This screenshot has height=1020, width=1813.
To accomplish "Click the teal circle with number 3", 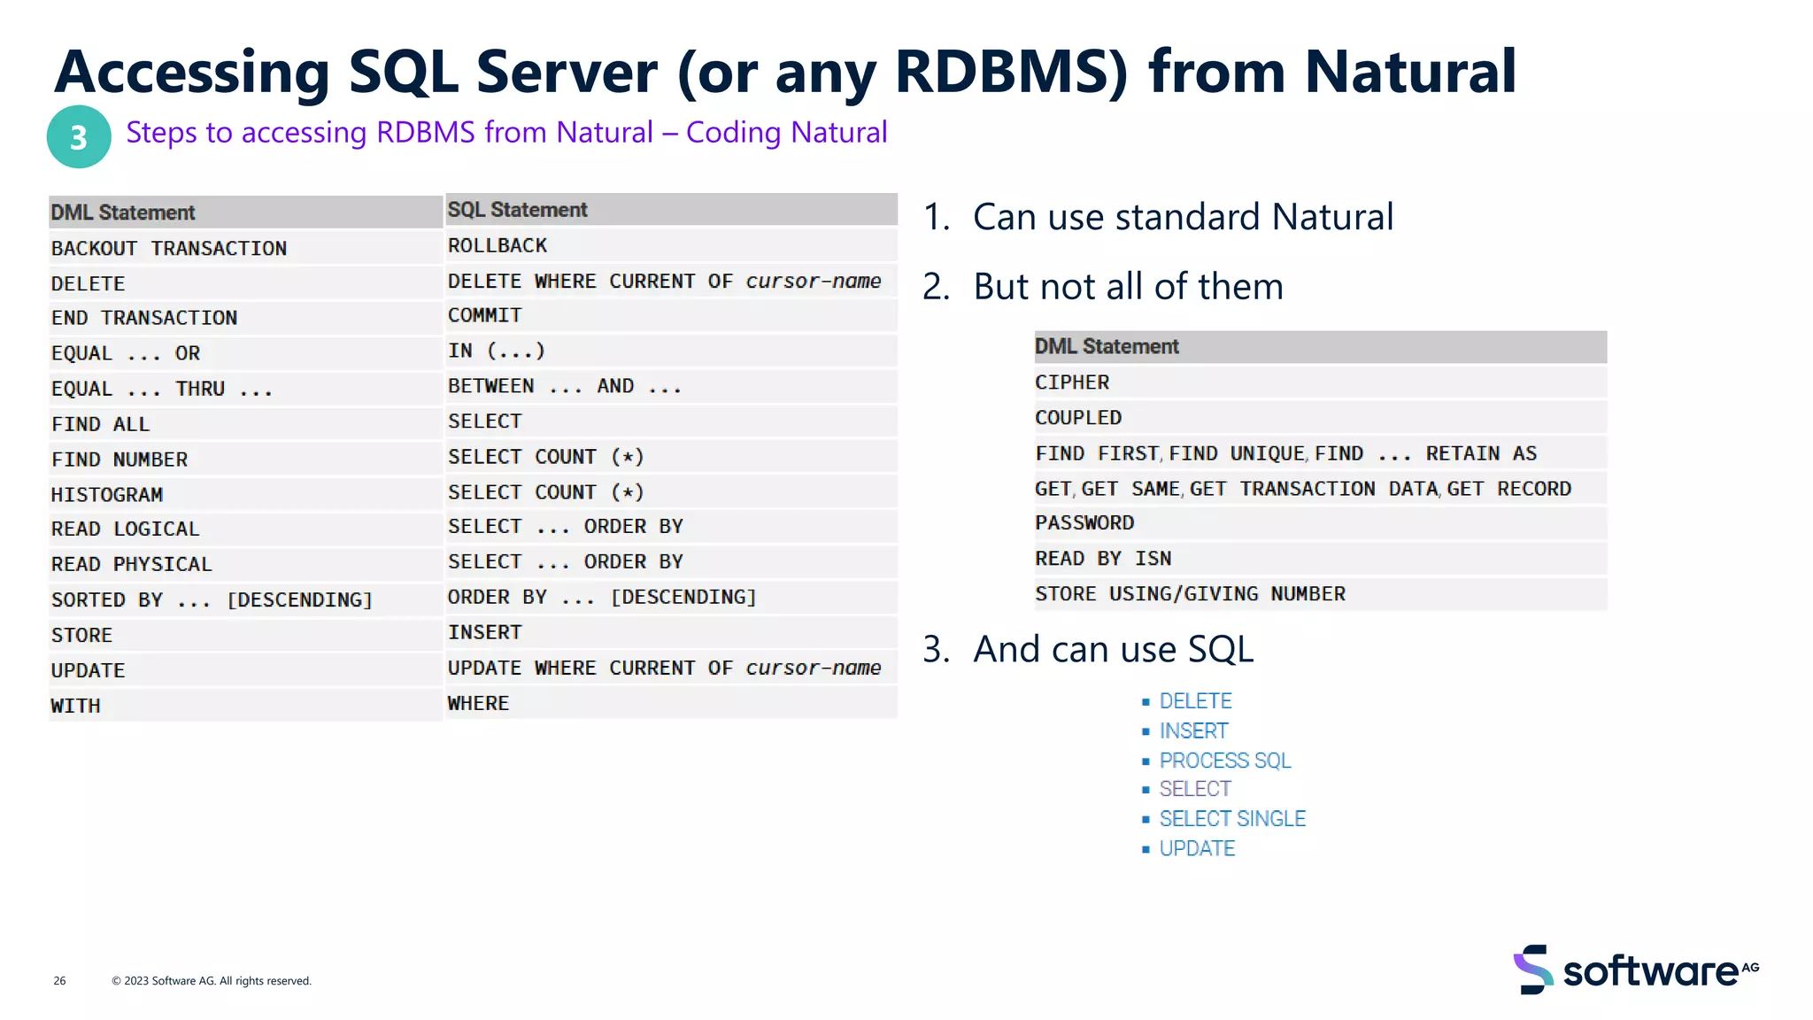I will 79,137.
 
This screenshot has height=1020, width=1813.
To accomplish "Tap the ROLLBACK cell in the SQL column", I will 498,245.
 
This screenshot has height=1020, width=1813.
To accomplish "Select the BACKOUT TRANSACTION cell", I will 169,249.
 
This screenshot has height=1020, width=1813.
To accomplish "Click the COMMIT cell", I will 485,315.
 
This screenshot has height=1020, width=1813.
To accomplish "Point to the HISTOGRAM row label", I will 107,495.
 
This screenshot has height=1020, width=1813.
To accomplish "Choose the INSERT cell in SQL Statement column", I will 485,632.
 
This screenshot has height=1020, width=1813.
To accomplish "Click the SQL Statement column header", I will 518,210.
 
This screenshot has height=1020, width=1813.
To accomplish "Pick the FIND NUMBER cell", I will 120,460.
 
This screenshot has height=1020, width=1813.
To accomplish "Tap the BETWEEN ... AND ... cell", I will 565,386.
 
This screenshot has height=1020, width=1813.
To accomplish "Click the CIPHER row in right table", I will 1072,382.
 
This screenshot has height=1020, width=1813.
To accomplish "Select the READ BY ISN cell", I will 1103,559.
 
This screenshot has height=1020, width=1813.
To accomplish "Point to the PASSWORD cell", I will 1084,523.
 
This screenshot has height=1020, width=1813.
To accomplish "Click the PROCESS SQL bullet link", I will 1225,761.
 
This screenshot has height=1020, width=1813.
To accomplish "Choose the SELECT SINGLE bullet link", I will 1232,819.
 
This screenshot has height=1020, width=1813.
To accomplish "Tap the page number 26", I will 59,980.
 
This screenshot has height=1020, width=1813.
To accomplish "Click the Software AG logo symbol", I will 1533,970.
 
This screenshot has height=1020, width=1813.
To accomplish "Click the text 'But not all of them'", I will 1128,287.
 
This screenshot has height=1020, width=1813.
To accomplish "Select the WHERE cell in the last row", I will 479,703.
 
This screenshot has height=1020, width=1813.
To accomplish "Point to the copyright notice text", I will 212,980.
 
